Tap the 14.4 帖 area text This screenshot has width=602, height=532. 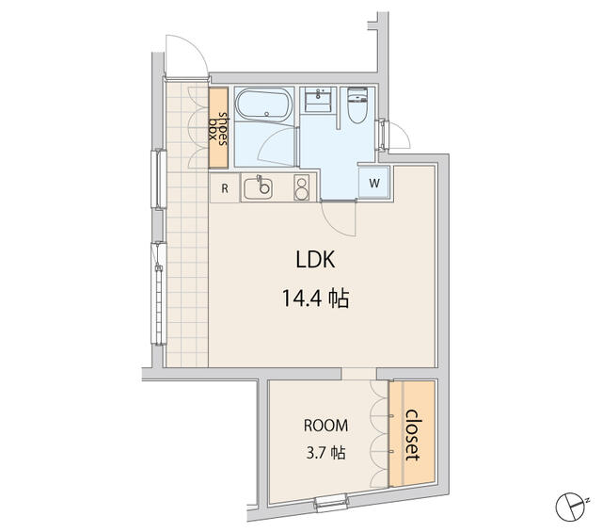(x=314, y=299)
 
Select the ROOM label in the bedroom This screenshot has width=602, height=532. (x=323, y=424)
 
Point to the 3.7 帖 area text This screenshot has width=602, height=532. (x=323, y=453)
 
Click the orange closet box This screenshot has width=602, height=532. (x=411, y=434)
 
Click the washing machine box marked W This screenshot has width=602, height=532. (x=374, y=182)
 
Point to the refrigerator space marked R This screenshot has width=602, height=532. (x=224, y=187)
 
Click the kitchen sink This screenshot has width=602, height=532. (x=259, y=188)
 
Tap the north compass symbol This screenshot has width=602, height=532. (x=569, y=507)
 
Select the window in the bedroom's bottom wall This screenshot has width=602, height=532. (x=330, y=504)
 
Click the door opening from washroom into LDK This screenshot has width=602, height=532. (x=339, y=218)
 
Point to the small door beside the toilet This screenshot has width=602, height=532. (x=396, y=137)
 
